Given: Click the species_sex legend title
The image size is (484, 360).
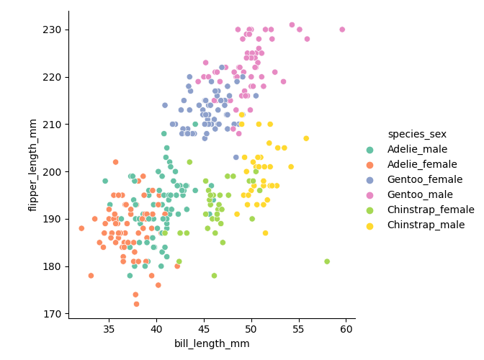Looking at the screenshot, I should click(x=416, y=134).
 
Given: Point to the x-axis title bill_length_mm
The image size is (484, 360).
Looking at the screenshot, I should click(x=212, y=344).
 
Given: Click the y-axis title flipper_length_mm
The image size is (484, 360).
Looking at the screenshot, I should click(x=33, y=166).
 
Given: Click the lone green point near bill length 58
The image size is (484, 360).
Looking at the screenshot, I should click(x=327, y=261).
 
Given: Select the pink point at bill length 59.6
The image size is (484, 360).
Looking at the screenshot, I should click(x=342, y=30).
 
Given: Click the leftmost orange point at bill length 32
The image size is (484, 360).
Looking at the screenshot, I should click(x=81, y=228).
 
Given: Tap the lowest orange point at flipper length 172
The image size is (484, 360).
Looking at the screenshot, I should click(x=136, y=304).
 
